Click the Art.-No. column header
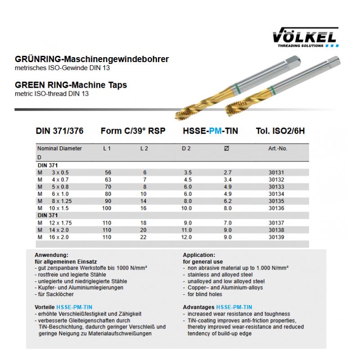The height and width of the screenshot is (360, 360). tap(278, 148)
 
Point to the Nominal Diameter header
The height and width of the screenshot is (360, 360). tap(59, 148)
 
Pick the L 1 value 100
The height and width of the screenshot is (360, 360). tap(106, 208)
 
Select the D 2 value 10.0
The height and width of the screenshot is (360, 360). tap(186, 208)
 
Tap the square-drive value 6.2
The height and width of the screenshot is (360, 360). tap(228, 201)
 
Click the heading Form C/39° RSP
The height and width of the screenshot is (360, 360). tap(133, 131)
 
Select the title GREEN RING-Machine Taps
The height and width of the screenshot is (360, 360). tap(71, 85)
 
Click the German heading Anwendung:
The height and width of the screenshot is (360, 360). tap(52, 255)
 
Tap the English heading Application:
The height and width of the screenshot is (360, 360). tap(199, 255)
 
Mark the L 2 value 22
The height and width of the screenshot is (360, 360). tap(144, 237)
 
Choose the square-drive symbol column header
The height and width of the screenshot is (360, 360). tap(226, 148)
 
